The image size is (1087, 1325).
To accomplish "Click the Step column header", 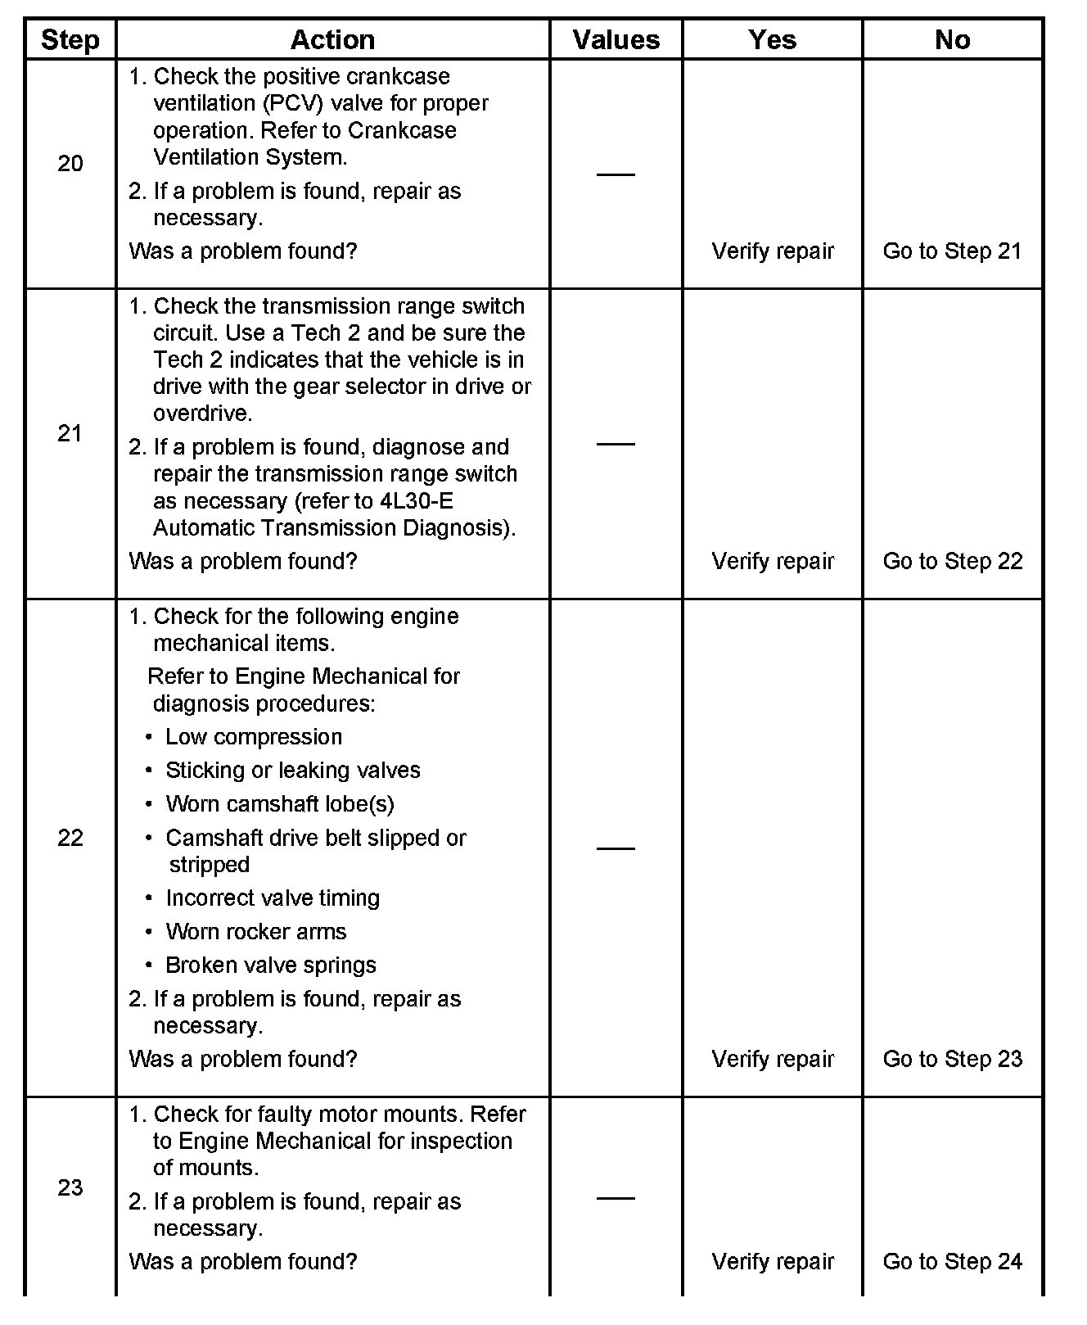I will click(x=70, y=39).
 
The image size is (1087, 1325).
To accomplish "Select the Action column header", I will click(x=332, y=39).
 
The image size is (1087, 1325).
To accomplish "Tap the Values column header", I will click(x=616, y=39).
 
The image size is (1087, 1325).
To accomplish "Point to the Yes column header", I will click(x=772, y=39).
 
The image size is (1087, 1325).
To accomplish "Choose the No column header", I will click(x=952, y=39).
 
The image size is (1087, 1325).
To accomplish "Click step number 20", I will click(x=70, y=164).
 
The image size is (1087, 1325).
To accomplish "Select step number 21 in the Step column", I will click(x=70, y=433).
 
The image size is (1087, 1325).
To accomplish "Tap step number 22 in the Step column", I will click(x=70, y=838).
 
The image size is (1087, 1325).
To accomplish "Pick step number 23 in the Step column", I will click(x=70, y=1187).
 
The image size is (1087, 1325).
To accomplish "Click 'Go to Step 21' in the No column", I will click(x=952, y=251).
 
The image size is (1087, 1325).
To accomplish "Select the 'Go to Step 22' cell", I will click(x=952, y=561).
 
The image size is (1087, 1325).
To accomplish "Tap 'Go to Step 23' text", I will click(x=952, y=1059).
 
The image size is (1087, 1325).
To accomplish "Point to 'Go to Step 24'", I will click(x=952, y=1261).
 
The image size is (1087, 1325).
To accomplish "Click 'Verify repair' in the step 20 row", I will click(x=773, y=251).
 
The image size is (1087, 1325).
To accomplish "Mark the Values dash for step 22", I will click(x=616, y=848).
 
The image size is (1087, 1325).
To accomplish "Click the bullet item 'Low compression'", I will click(x=254, y=737).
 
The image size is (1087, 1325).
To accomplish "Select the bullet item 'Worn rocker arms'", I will click(x=255, y=932).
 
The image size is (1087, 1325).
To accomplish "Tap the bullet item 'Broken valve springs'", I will click(x=271, y=965).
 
